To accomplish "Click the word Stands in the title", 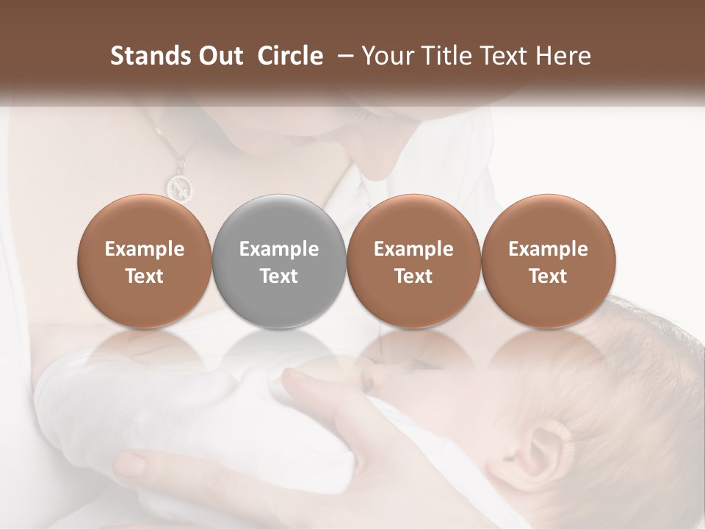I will click(x=145, y=56).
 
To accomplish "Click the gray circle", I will click(x=279, y=261).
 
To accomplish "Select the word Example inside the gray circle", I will click(x=279, y=249).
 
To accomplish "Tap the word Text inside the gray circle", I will click(x=279, y=276).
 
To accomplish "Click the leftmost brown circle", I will click(x=145, y=261).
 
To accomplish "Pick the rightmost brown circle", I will click(x=548, y=261).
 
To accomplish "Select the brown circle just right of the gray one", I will click(x=413, y=261).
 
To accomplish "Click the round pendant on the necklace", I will click(x=179, y=186).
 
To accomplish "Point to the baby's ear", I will click(x=544, y=448).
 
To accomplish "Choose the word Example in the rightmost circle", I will click(x=548, y=249).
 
